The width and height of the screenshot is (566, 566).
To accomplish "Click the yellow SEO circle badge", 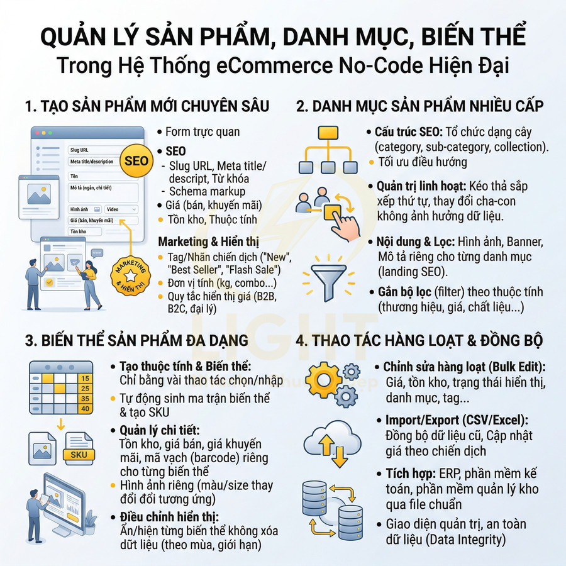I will [x=136, y=161].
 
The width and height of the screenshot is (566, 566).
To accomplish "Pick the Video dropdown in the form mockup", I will [x=121, y=209].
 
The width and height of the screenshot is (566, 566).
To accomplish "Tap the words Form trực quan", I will [x=203, y=132].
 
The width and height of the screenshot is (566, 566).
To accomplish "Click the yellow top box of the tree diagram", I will [x=328, y=133].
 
